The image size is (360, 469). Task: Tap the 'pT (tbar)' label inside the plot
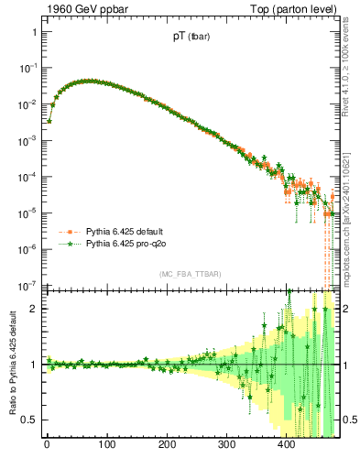(184, 38)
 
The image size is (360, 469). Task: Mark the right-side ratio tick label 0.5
(347, 420)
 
